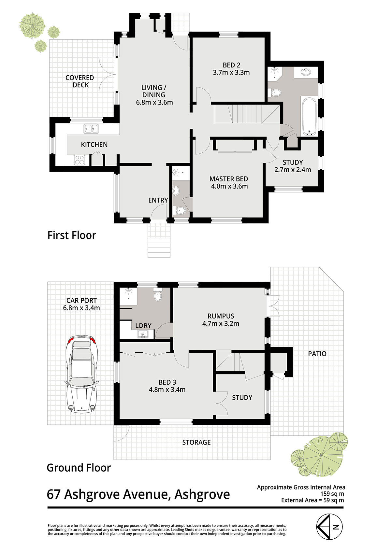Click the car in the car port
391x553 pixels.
pos(82,374)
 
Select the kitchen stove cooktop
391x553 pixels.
pos(80,160)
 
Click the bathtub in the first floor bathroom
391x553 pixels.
pos(309,117)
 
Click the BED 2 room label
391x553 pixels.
pos(231,65)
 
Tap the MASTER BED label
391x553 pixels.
pos(229,179)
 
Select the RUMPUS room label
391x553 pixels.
pos(221,316)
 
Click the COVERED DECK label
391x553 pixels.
pos(80,81)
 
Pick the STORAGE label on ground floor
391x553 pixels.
pos(196,442)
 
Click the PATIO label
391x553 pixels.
pos(317,354)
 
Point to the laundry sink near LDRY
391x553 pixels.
pos(142,334)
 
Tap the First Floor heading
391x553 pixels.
pos(72,235)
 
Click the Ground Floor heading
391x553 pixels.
pos(79,468)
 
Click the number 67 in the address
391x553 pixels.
pos(53,495)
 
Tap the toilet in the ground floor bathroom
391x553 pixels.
pos(157,294)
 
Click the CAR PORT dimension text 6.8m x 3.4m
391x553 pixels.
pos(81,308)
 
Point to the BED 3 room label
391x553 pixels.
pos(167,382)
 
